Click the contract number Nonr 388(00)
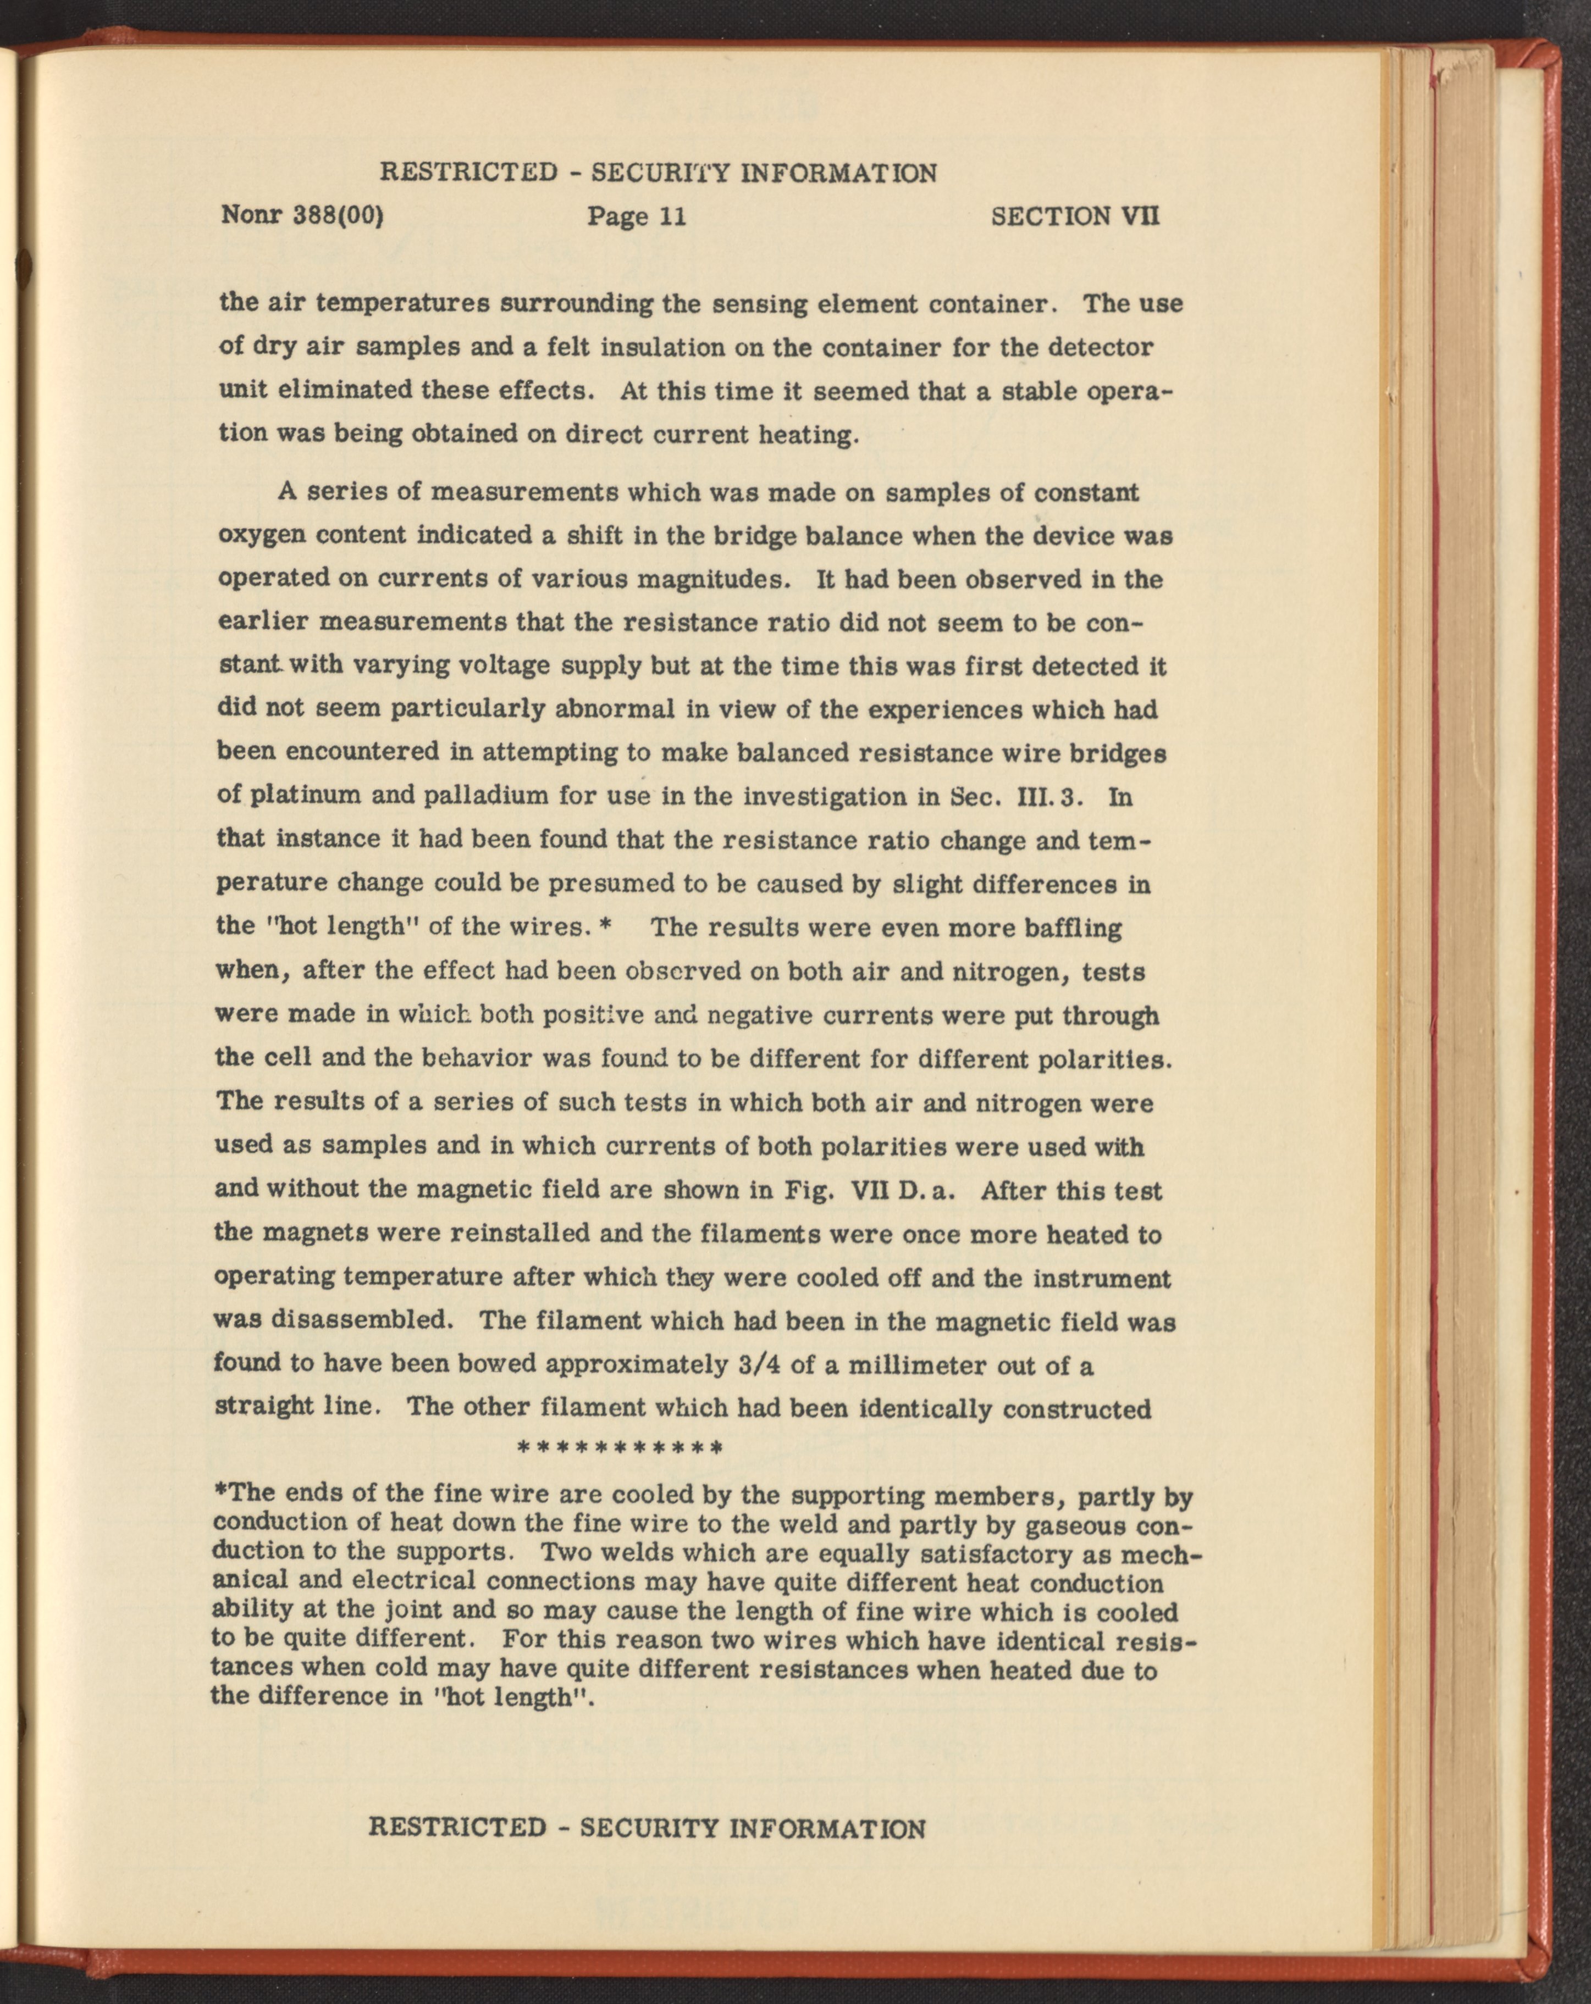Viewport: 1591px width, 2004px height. click(x=302, y=217)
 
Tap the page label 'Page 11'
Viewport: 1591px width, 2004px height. click(x=637, y=217)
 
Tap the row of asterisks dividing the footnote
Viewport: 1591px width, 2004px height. click(x=618, y=1448)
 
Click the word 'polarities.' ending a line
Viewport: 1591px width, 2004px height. click(x=1107, y=1059)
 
